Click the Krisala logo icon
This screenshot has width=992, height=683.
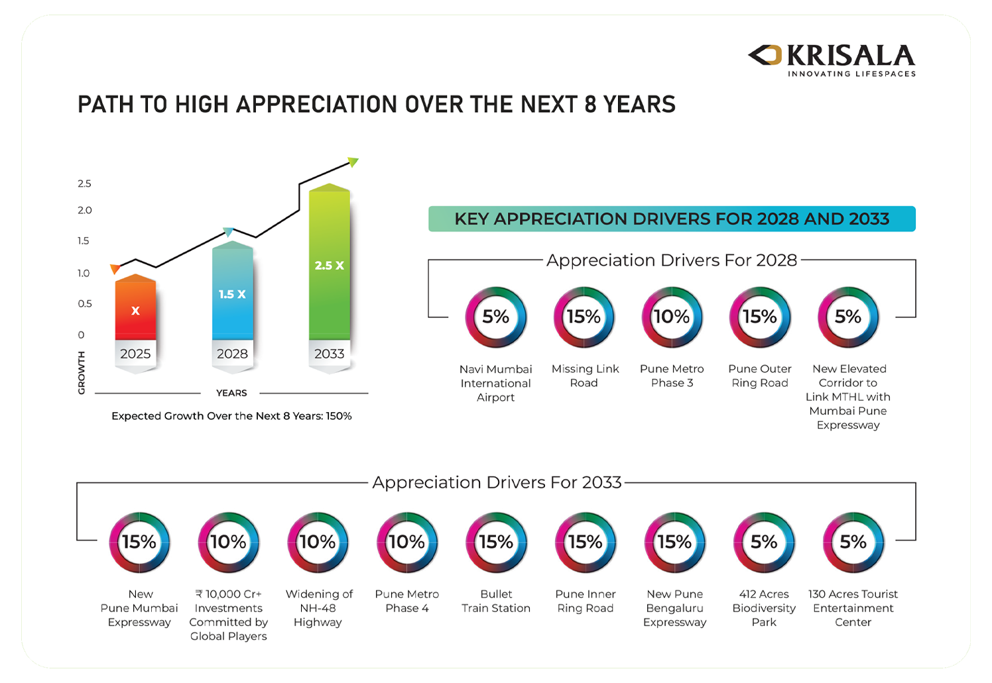pos(765,56)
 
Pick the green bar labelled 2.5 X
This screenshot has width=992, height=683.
pos(329,265)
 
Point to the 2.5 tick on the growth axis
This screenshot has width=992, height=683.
pos(84,184)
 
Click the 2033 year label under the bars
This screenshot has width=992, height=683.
pos(329,354)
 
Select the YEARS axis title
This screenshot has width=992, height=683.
pos(231,393)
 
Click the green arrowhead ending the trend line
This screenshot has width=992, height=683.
pos(353,162)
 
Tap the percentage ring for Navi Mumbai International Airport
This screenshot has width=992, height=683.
pos(495,317)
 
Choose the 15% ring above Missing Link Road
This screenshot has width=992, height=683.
pos(584,317)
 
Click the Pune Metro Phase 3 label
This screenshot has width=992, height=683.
pos(672,376)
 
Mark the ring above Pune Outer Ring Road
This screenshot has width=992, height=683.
pos(760,317)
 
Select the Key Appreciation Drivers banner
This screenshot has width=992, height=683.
pos(672,219)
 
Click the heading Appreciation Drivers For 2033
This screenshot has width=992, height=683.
pos(497,482)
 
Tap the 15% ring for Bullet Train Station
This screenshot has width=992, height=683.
pos(496,543)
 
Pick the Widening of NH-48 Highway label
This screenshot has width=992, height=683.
pos(318,607)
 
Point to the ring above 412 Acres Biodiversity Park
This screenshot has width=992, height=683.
pos(764,543)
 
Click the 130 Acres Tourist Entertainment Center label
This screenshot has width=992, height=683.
pos(853,607)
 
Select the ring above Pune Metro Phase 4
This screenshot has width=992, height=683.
pos(406,543)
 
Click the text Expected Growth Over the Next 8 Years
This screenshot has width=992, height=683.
pos(231,416)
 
